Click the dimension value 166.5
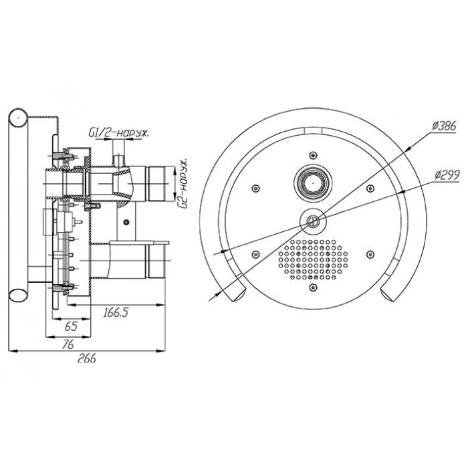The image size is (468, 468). [x=116, y=312]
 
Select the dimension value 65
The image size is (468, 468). [x=71, y=326]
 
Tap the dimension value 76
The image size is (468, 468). [x=68, y=344]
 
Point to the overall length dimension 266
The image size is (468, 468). [x=86, y=358]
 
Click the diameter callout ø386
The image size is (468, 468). [x=444, y=126]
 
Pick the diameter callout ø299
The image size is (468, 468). [x=447, y=175]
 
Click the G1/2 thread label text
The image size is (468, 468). [x=118, y=132]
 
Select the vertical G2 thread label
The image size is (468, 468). [x=183, y=184]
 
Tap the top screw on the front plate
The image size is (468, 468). [x=313, y=155]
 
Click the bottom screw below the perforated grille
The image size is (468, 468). [x=313, y=287]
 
